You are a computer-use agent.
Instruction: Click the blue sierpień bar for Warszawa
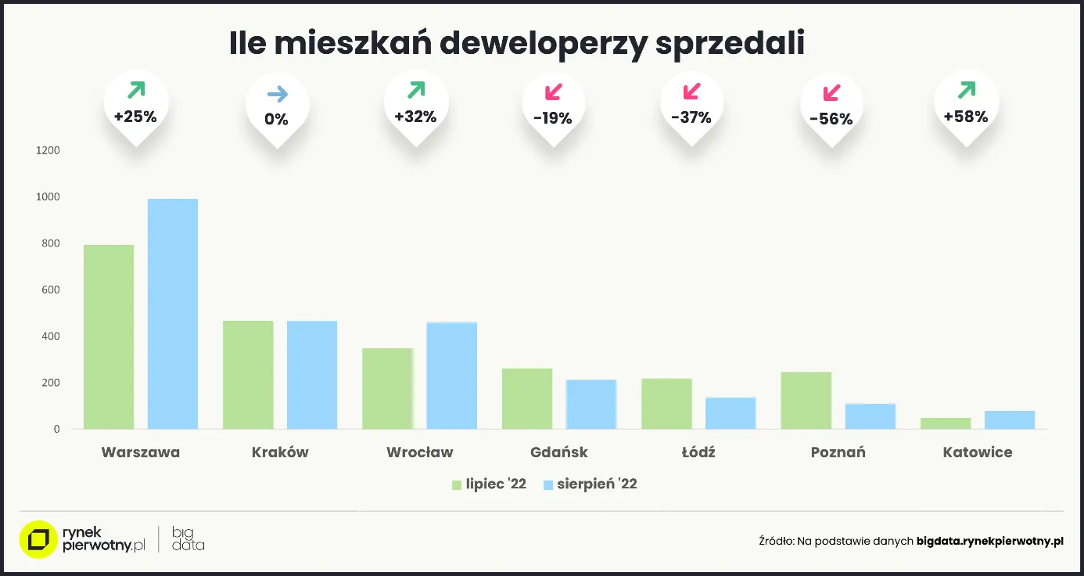pos(173,314)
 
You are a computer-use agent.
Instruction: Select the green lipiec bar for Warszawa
pos(109,337)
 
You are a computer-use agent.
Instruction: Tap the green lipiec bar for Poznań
pos(806,400)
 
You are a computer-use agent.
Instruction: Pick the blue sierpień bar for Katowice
pos(1009,419)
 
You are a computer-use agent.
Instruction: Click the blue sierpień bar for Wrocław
pos(451,376)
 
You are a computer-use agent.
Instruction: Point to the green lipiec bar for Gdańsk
pos(527,398)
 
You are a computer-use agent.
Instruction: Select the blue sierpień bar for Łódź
pos(730,413)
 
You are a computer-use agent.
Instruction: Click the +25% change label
pos(135,117)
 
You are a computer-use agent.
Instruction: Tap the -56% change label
pos(831,120)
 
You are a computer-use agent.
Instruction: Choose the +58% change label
pos(966,117)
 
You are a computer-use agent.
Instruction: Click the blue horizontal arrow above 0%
pos(277,95)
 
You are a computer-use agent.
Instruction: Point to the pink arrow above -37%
pos(692,91)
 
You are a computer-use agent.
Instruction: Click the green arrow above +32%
pos(416,90)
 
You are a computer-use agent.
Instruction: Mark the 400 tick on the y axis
pos(50,337)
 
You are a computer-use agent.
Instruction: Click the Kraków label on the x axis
pos(280,452)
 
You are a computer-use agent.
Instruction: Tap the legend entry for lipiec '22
pos(489,484)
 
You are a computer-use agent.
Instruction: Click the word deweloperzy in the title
pos(542,44)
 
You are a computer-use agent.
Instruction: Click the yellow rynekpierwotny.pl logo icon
pos(38,540)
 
